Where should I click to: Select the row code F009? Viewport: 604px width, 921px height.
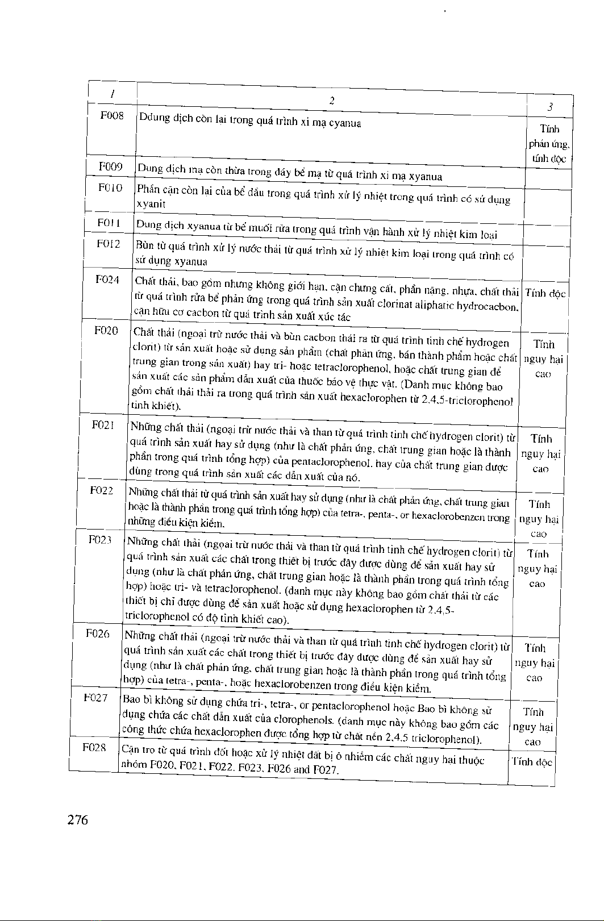click(x=111, y=167)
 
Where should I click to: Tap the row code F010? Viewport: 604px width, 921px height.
click(x=110, y=187)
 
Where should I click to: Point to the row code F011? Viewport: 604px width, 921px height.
click(x=109, y=223)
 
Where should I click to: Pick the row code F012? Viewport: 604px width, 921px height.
click(x=109, y=244)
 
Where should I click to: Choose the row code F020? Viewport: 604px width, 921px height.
click(x=106, y=331)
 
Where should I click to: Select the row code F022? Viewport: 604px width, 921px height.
click(x=102, y=490)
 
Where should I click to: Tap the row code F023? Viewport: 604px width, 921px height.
click(x=100, y=540)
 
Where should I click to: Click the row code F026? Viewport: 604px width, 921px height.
click(x=98, y=634)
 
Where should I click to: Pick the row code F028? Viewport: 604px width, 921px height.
click(x=94, y=747)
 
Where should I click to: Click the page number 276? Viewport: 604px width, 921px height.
click(x=78, y=820)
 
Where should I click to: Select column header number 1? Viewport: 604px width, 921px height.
click(x=113, y=93)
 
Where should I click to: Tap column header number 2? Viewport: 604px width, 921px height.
click(x=331, y=101)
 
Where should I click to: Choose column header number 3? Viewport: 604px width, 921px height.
click(x=550, y=107)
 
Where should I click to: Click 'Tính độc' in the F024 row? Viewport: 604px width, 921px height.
click(x=545, y=294)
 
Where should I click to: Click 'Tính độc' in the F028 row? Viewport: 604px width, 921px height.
click(x=532, y=762)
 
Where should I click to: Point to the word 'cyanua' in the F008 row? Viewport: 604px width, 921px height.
click(x=345, y=123)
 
